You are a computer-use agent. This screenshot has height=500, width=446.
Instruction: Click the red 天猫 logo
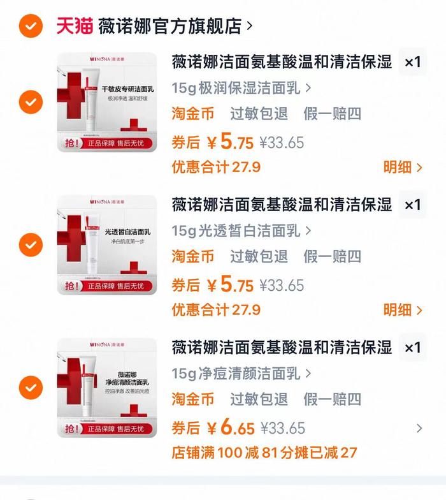tap(75, 26)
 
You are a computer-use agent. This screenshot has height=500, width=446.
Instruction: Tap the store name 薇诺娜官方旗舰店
tap(170, 26)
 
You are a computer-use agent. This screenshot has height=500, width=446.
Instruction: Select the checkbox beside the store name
tap(31, 26)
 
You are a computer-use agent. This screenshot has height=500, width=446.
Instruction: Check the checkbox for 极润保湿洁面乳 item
tap(31, 101)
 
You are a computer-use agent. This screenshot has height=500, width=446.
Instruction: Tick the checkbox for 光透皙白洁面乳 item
tap(31, 244)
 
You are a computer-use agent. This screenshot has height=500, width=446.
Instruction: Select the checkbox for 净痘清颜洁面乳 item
tap(31, 387)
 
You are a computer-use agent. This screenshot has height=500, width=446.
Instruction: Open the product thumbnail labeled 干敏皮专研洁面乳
tap(107, 102)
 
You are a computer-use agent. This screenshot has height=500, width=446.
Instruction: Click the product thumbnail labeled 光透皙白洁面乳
tap(107, 245)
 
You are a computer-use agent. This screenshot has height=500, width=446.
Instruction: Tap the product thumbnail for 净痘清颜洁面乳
tap(107, 388)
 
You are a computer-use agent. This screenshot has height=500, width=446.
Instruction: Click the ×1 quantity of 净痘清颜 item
tap(414, 348)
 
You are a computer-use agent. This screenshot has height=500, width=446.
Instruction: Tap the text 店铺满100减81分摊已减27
tap(264, 453)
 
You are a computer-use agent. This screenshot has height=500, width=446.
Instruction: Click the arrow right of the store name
tap(249, 26)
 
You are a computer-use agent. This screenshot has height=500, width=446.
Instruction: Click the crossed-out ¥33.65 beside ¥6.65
tap(282, 428)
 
